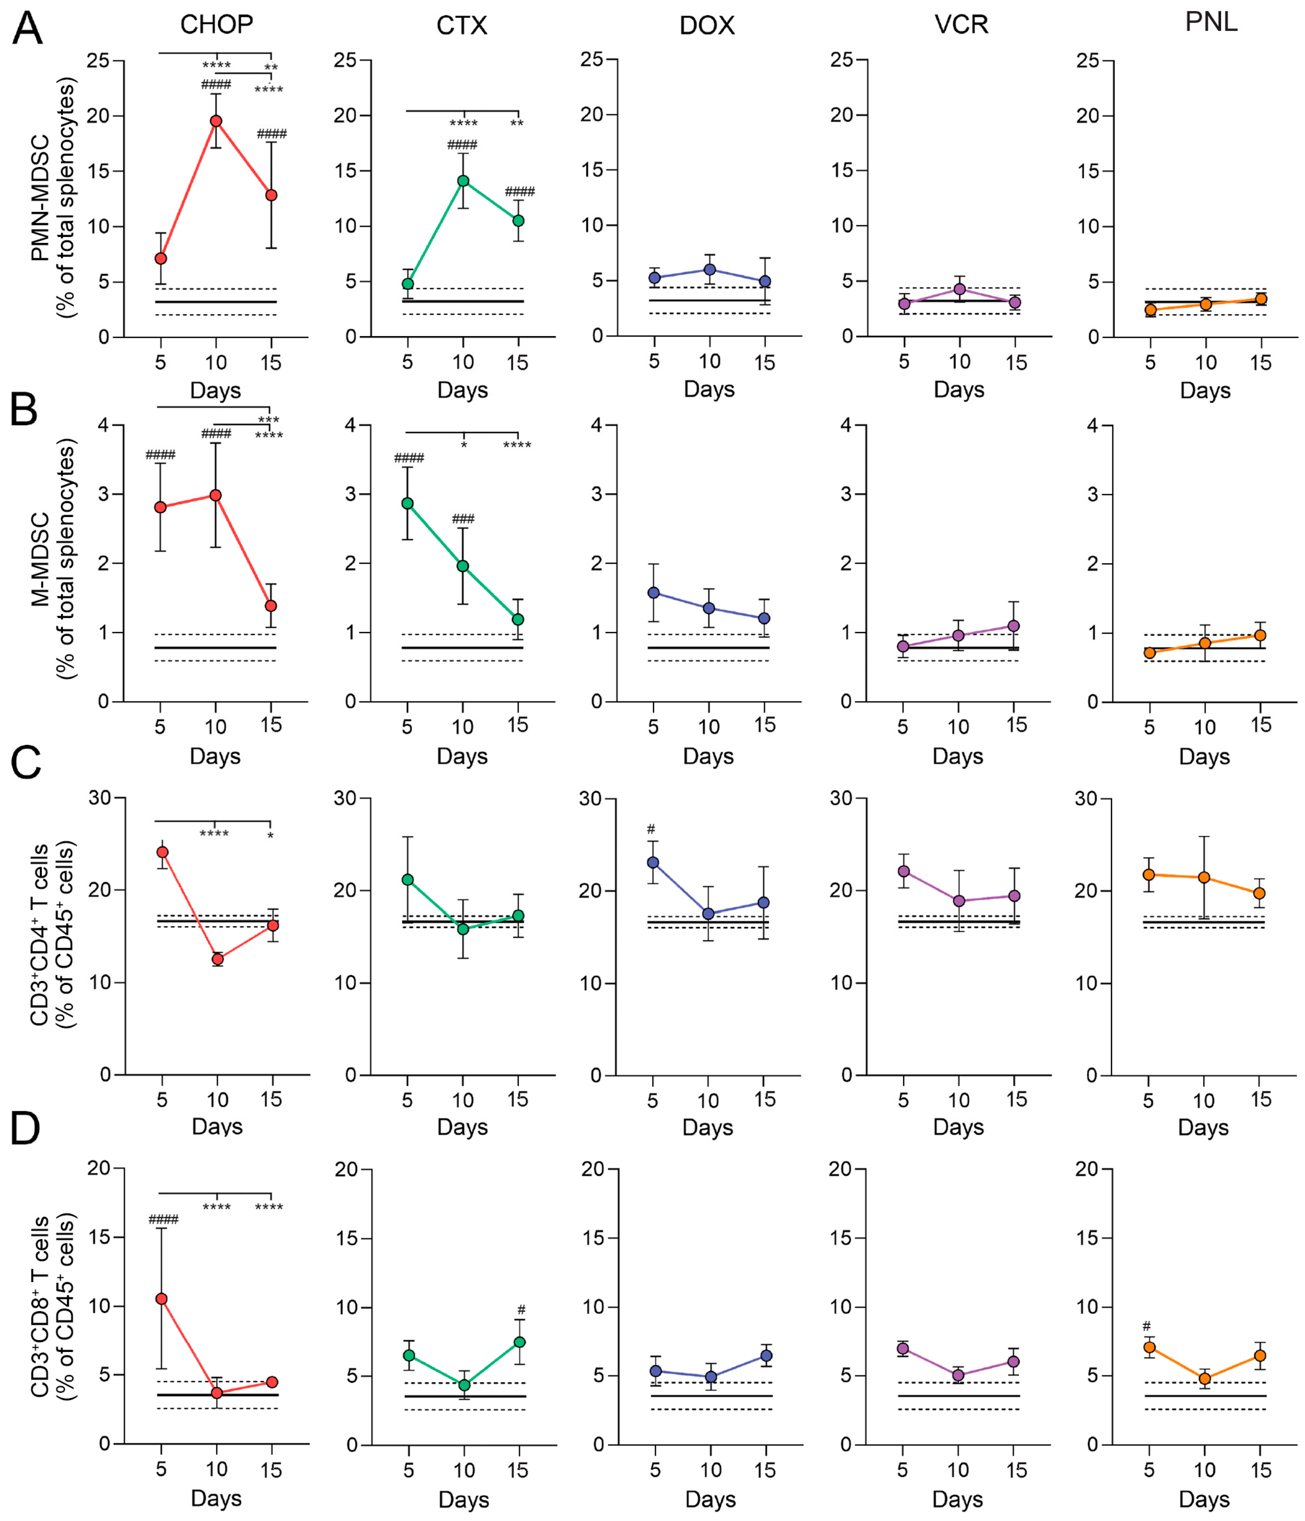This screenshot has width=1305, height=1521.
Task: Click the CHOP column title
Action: tap(217, 25)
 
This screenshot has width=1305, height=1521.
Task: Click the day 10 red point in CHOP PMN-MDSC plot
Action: tap(216, 121)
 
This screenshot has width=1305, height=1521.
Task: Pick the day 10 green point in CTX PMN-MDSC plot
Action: tap(463, 180)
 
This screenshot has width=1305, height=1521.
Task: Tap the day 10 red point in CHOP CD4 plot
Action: tap(217, 959)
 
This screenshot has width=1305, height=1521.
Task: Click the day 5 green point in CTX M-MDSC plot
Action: tap(408, 504)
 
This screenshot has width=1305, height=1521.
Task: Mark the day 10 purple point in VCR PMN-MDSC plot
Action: tap(959, 289)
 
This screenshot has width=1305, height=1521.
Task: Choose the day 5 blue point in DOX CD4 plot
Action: tap(652, 862)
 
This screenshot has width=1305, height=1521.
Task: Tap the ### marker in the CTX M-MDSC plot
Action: tap(463, 519)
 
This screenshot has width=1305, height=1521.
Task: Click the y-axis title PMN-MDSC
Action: tap(40, 198)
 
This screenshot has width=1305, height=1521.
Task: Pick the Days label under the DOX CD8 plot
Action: tap(710, 1499)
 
